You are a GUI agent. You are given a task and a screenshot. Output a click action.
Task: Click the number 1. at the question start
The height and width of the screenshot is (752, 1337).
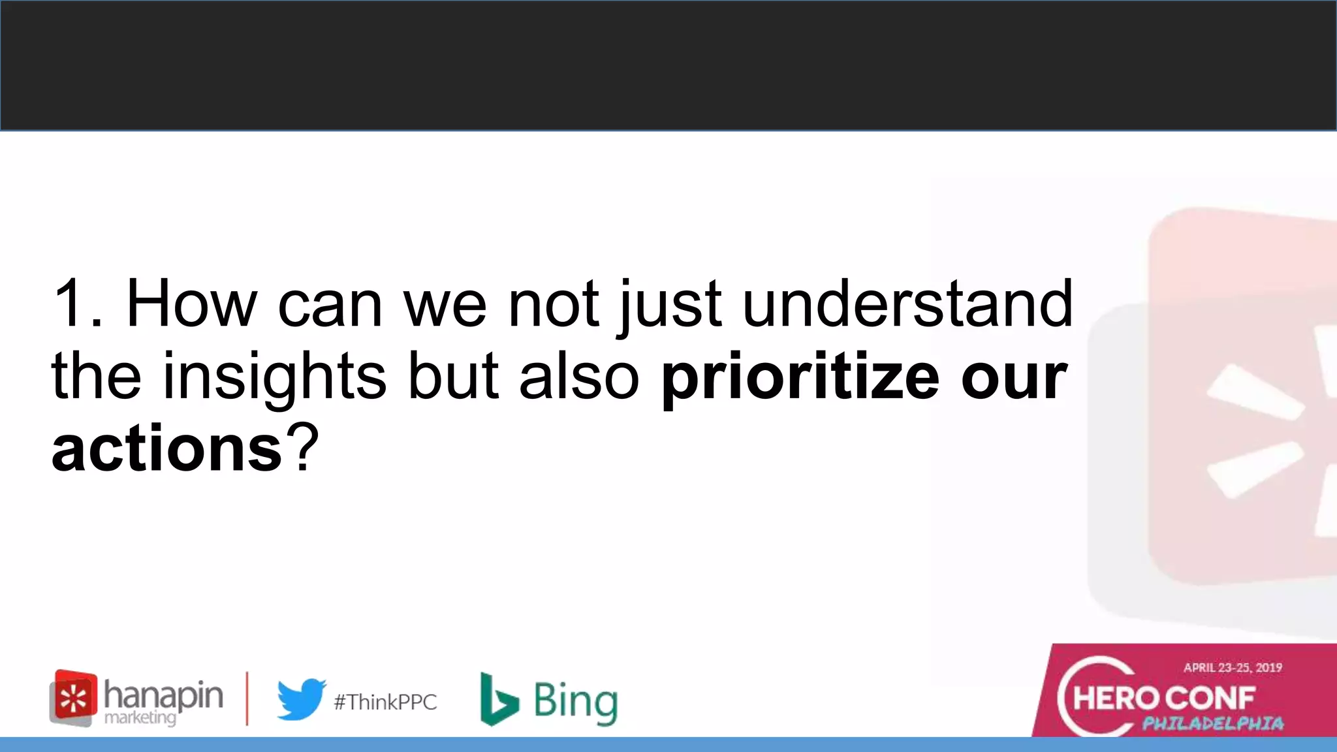pyautogui.click(x=77, y=304)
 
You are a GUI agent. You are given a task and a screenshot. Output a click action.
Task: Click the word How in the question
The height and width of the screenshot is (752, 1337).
pyautogui.click(x=191, y=304)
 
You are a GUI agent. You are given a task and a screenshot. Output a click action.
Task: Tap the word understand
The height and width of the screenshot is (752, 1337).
pyautogui.click(x=907, y=304)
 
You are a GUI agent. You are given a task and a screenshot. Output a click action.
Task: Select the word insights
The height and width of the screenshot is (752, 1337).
pyautogui.click(x=274, y=377)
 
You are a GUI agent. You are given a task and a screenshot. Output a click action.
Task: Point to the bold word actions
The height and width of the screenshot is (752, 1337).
pyautogui.click(x=166, y=449)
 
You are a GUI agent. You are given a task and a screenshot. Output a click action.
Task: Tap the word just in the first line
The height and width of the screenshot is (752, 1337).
pyautogui.click(x=669, y=304)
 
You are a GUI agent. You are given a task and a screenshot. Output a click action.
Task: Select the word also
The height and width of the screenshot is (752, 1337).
pyautogui.click(x=578, y=377)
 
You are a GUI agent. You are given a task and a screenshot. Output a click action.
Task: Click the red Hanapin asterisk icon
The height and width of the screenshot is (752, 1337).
pyautogui.click(x=74, y=698)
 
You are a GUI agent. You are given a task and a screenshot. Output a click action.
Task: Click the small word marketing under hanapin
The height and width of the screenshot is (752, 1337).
pyautogui.click(x=140, y=718)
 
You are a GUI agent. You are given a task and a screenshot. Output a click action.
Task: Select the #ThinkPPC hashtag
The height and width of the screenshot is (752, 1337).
pyautogui.click(x=385, y=702)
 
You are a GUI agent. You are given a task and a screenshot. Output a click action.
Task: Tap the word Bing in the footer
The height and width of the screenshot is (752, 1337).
pyautogui.click(x=575, y=701)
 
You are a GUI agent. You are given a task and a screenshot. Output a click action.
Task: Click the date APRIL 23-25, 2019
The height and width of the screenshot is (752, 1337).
pyautogui.click(x=1233, y=667)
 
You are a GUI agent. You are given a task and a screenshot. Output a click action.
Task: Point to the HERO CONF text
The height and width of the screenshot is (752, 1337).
pyautogui.click(x=1164, y=698)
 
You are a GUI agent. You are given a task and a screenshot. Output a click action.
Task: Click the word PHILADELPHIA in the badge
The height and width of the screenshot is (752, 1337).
pyautogui.click(x=1213, y=723)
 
